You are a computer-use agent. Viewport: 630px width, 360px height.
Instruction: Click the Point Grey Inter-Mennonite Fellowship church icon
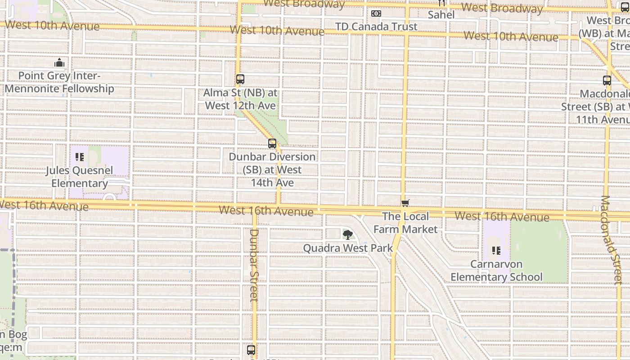[59, 63]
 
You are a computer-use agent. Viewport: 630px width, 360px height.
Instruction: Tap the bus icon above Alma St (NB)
[240, 79]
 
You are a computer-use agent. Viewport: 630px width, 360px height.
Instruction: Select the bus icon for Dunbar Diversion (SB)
[272, 144]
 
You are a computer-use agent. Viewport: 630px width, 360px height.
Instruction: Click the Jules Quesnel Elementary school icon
[80, 157]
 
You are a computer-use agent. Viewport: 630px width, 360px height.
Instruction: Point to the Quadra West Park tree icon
[347, 234]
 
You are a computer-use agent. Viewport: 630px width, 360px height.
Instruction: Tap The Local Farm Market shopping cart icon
[405, 203]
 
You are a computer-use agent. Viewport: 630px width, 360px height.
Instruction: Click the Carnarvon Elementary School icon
[496, 250]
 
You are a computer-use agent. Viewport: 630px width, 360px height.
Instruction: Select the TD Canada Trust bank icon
[376, 13]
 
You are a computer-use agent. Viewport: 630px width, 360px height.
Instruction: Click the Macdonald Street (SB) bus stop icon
[607, 81]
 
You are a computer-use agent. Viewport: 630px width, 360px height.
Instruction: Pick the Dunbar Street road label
[253, 265]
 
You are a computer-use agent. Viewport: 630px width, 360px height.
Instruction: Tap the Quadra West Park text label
[347, 248]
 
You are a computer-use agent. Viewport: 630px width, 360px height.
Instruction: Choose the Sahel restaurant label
[441, 15]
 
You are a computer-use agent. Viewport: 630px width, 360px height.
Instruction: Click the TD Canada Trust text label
[376, 27]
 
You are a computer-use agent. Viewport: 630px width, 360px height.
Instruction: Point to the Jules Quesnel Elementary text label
[79, 177]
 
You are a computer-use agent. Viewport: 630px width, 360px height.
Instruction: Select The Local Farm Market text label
[405, 223]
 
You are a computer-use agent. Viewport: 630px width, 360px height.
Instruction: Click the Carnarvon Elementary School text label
[496, 270]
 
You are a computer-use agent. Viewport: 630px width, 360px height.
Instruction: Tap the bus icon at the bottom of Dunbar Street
[251, 350]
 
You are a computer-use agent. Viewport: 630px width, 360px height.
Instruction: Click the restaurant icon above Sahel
[442, 3]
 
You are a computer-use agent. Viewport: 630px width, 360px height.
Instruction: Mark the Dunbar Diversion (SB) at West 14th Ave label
[272, 170]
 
